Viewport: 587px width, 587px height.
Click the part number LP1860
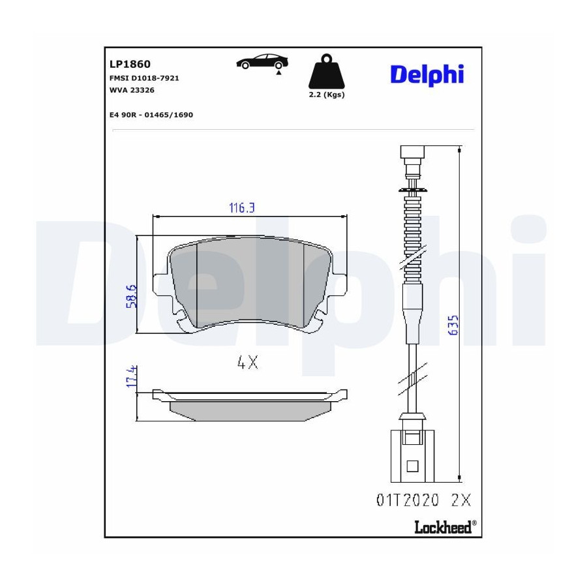[x=130, y=64]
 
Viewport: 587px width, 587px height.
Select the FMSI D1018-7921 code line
[x=144, y=78]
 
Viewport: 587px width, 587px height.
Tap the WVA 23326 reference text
[x=132, y=90]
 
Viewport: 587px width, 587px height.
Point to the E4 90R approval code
[x=151, y=115]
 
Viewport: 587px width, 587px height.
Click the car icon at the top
[x=262, y=62]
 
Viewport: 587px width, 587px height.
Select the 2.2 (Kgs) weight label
[x=327, y=95]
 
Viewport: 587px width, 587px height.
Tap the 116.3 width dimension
[x=242, y=208]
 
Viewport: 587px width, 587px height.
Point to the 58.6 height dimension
[x=131, y=296]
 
